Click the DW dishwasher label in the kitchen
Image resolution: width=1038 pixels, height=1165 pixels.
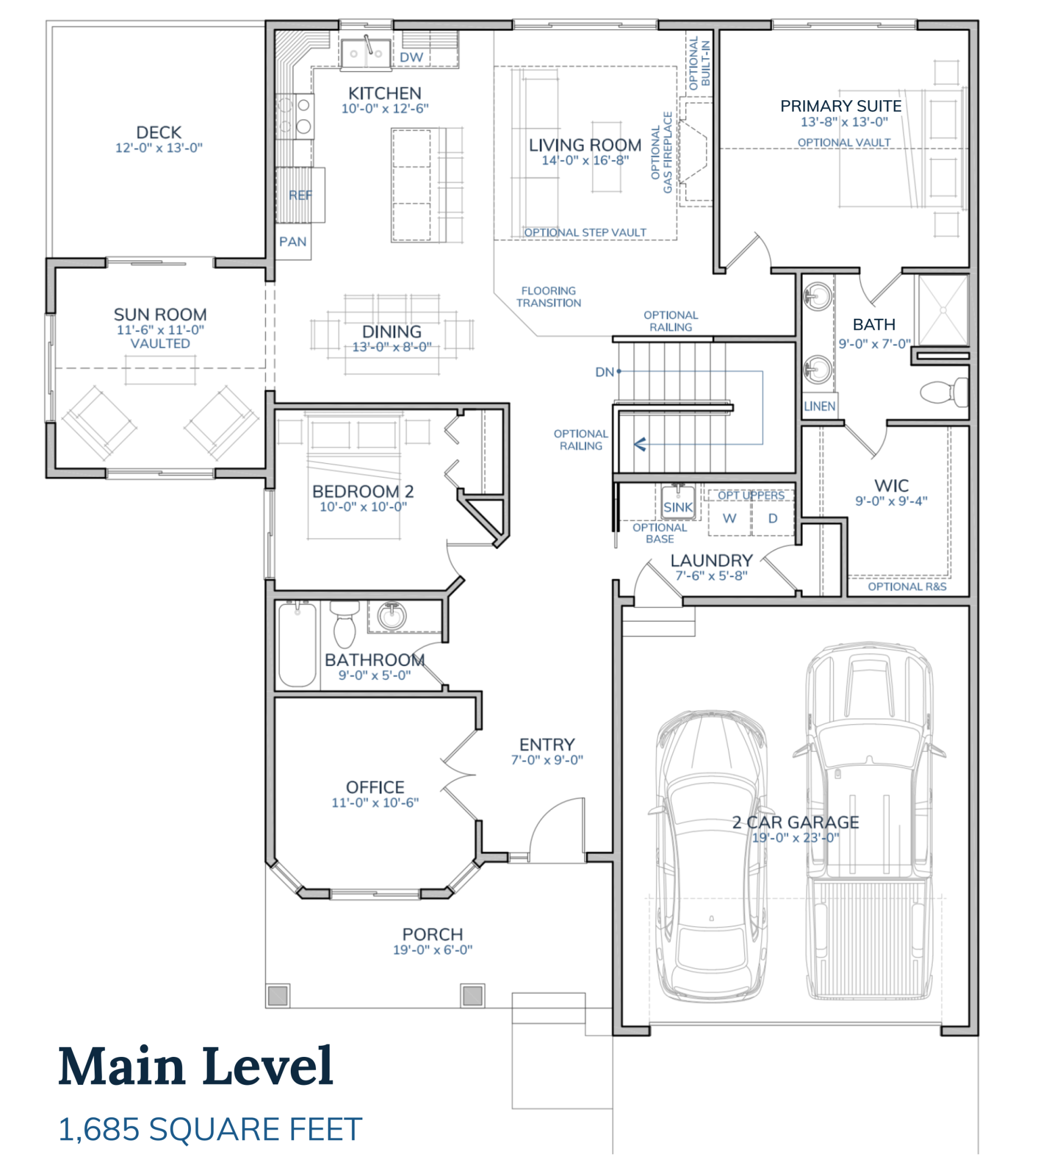[x=411, y=57]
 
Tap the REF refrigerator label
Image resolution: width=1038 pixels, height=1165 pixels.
[x=300, y=195]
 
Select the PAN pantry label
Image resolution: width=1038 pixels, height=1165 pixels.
[x=292, y=242]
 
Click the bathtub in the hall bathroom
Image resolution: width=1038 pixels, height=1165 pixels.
[x=297, y=644]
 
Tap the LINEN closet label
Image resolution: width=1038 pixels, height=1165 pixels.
[x=820, y=406]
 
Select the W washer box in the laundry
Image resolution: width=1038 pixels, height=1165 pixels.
[x=729, y=518]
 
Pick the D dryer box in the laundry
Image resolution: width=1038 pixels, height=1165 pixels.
[x=773, y=518]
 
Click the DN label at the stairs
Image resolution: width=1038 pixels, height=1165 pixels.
[x=604, y=372]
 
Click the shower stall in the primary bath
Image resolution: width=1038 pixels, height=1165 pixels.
[x=943, y=310]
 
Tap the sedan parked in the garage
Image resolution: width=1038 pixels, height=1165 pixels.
[x=711, y=855]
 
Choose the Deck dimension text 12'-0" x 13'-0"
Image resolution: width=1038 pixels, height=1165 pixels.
[x=159, y=148]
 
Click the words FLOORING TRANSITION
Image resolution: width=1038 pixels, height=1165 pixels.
[x=548, y=296]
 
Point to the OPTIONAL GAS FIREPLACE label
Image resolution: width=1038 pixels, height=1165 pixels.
[x=661, y=152]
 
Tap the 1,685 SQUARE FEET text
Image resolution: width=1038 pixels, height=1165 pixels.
[x=210, y=1129]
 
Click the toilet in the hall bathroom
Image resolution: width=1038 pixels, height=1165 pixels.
[x=345, y=625]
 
